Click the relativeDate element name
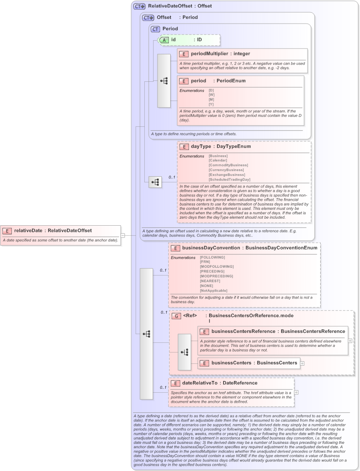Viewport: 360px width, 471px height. point(28,230)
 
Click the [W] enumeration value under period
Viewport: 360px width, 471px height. point(211,95)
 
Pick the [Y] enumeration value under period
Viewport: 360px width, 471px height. point(211,105)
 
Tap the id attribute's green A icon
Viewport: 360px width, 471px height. point(164,40)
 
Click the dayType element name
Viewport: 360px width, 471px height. point(201,147)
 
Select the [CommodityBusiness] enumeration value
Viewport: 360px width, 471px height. point(228,165)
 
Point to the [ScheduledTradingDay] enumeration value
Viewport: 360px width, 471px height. point(229,180)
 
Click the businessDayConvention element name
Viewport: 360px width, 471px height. point(211,248)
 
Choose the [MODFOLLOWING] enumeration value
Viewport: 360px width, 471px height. point(217,267)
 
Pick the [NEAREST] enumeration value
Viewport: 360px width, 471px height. point(210,281)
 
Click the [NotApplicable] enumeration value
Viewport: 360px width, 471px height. point(213,291)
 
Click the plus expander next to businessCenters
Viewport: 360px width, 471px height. point(302,363)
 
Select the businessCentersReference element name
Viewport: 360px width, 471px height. point(243,331)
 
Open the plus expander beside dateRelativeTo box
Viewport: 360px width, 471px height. point(297,392)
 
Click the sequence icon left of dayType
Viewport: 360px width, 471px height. point(155,182)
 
